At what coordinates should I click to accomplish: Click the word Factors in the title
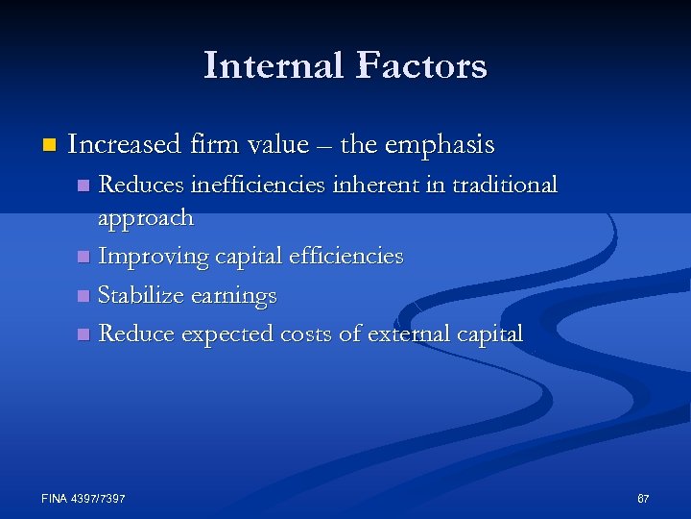422,66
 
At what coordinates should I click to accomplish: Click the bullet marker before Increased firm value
49,146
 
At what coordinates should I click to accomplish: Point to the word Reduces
140,185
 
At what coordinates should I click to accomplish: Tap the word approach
146,219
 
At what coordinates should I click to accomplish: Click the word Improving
151,258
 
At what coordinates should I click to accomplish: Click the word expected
227,334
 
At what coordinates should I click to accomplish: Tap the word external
413,334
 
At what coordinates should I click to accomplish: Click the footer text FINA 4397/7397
83,499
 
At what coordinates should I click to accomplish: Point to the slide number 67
643,499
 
